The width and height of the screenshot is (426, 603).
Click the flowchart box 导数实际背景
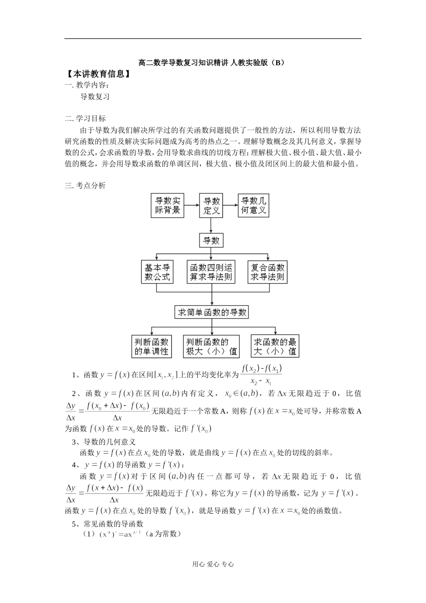click(168, 205)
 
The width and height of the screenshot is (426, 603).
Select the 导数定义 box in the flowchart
click(211, 205)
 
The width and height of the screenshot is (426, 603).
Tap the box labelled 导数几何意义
click(253, 205)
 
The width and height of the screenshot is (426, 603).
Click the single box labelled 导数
click(211, 240)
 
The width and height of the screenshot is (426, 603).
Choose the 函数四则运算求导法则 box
click(211, 272)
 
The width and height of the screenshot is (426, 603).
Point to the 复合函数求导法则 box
click(267, 272)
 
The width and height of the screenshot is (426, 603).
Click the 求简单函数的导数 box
click(212, 312)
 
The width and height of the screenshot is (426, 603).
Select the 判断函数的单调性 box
click(152, 346)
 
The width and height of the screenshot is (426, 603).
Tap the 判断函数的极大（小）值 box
click(211, 346)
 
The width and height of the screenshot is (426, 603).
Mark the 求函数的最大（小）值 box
click(275, 346)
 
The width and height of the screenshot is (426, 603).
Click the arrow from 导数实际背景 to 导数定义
click(191, 205)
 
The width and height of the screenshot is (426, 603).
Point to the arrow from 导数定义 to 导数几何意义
click(230, 205)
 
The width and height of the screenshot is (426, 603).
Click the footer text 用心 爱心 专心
click(213, 565)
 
